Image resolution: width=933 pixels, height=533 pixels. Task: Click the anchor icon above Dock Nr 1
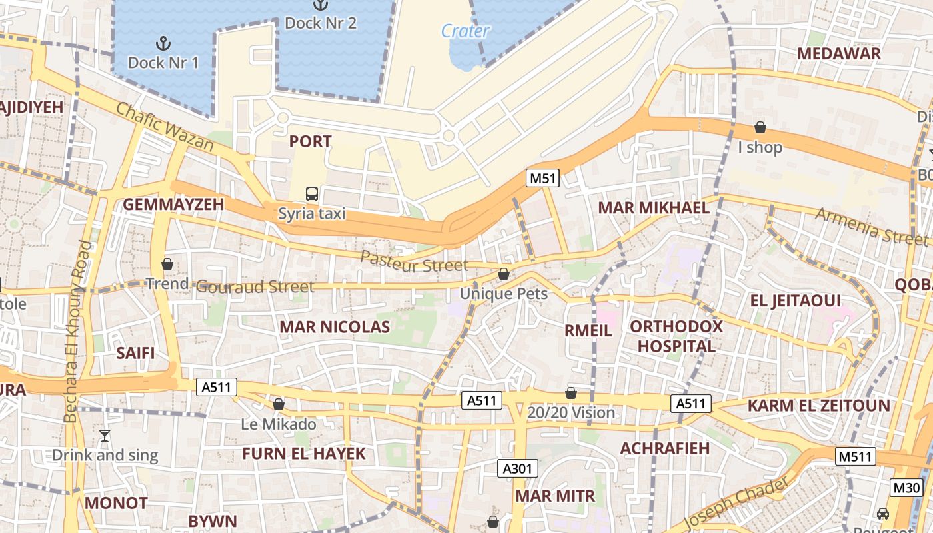tap(163, 44)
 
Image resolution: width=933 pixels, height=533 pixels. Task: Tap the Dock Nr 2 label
tap(321, 23)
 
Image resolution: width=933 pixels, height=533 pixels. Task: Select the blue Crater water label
tap(465, 31)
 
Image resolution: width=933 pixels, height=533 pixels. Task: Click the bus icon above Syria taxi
tap(312, 195)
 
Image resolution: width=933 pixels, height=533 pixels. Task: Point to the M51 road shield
tap(542, 178)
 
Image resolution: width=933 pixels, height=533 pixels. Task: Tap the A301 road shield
tap(518, 468)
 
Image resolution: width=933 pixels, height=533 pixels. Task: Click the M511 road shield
tap(855, 456)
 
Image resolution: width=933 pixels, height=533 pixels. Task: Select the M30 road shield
tap(907, 487)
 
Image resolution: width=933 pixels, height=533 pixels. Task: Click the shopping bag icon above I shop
tap(760, 127)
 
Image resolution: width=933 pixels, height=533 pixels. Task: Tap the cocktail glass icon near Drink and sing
tap(105, 436)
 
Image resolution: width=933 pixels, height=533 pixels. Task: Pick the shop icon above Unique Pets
tap(504, 274)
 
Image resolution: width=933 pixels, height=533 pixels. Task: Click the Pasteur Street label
tap(414, 262)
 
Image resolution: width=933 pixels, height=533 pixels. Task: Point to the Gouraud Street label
tap(255, 287)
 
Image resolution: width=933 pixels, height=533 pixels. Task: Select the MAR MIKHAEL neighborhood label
tap(654, 207)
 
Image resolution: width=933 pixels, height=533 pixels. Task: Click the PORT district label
tap(310, 141)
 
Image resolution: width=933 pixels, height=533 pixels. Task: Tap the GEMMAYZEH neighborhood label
tap(173, 205)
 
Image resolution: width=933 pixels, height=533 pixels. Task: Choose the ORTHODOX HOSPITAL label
tap(676, 336)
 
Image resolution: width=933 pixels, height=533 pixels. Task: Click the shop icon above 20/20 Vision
tap(571, 393)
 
